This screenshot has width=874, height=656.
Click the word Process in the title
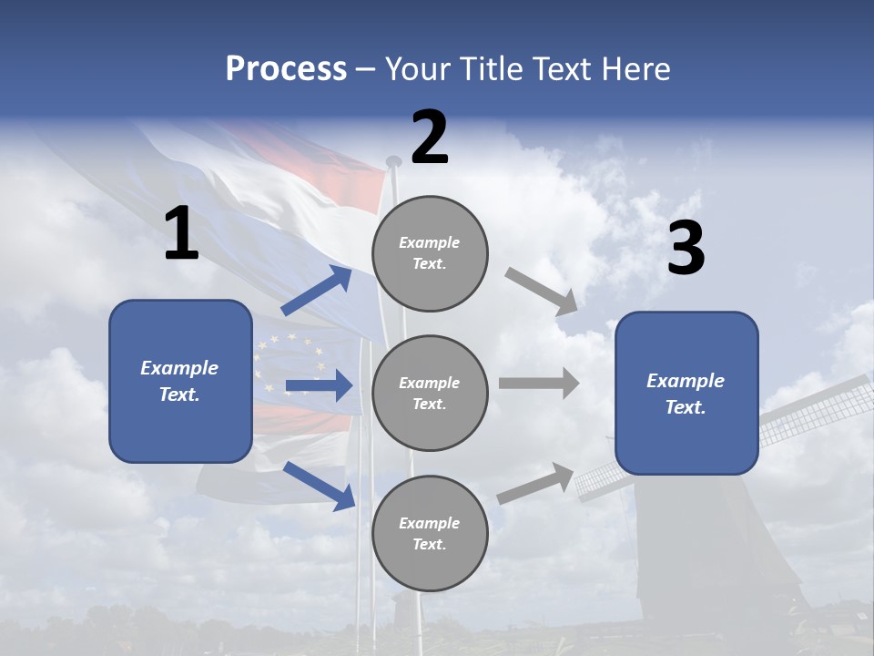286,69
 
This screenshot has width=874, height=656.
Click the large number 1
181,234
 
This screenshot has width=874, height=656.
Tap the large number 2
430,138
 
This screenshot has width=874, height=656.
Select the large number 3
686,249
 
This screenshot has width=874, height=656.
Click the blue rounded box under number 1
180,381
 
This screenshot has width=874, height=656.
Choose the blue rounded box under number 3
686,393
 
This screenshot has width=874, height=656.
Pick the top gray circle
430,253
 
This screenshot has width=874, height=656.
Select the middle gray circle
430,393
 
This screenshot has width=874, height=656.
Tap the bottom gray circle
430,533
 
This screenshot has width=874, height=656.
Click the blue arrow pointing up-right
318,291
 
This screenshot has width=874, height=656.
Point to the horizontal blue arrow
319,385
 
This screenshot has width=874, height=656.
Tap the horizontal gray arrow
539,383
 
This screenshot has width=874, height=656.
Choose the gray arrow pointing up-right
536,483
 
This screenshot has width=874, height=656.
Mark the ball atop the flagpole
393,162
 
